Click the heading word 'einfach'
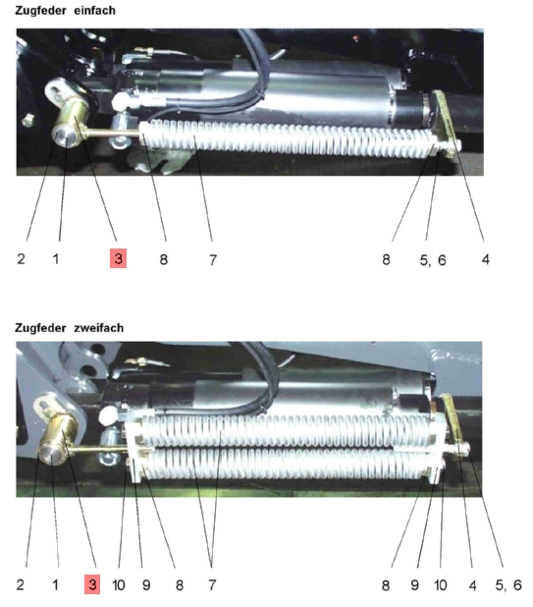(94, 11)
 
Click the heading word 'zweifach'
(98, 328)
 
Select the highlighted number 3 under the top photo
(119, 258)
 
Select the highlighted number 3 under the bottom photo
(92, 584)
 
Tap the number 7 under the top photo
(213, 259)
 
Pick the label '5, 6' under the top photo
(433, 260)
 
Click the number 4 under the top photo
(486, 259)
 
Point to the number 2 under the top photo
(21, 258)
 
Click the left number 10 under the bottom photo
(119, 585)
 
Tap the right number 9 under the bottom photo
(414, 585)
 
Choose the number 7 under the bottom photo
(212, 585)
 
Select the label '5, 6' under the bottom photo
(508, 585)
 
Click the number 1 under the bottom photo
(55, 585)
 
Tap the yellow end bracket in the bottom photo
(453, 425)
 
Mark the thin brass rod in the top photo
(111, 134)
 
